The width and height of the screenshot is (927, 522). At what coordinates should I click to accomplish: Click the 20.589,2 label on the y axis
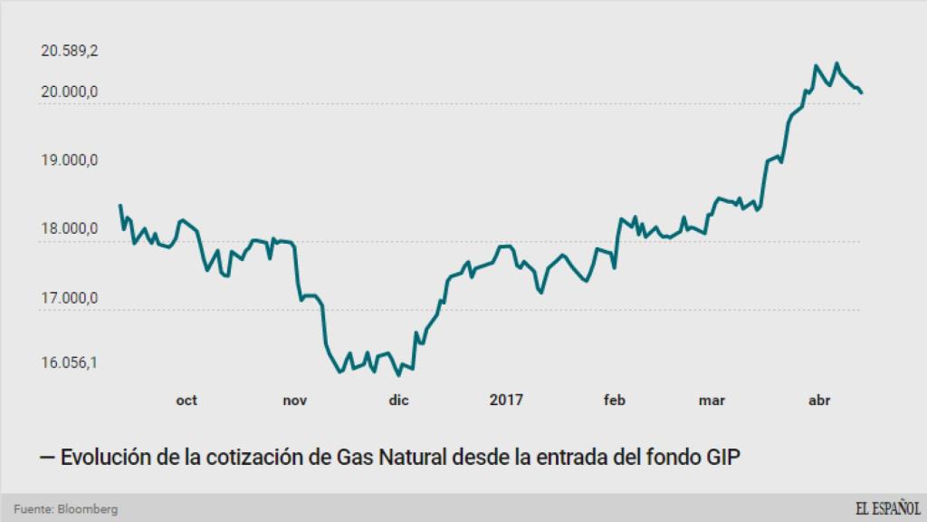(x=70, y=52)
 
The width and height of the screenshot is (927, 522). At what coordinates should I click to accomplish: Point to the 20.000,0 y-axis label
(x=70, y=92)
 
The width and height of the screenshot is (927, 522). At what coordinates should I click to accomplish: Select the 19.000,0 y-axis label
(x=70, y=160)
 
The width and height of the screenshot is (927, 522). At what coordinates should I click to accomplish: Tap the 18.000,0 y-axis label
(x=70, y=229)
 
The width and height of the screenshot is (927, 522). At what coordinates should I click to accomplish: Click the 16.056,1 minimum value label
(x=70, y=362)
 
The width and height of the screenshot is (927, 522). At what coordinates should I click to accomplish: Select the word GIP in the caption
(x=722, y=458)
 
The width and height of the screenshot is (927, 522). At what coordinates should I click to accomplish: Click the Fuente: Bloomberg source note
(x=65, y=509)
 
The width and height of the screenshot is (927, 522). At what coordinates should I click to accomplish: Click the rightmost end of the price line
(x=862, y=92)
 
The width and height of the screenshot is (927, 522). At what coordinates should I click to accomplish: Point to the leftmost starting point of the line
(x=120, y=206)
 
